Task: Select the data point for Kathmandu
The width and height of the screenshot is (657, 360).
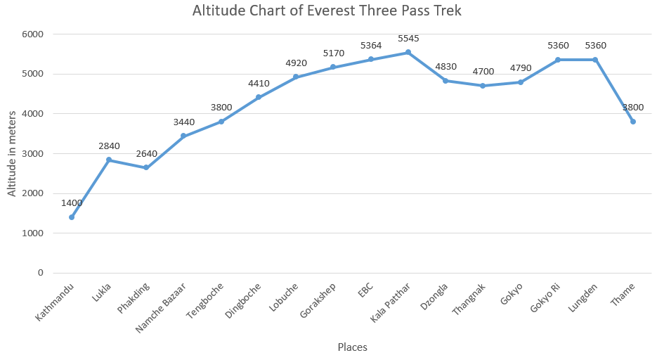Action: coord(72,217)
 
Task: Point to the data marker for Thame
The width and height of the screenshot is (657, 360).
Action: coord(633,122)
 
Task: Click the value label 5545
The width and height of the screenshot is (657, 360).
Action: coord(408,37)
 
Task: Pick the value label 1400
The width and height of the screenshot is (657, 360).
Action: coord(72,203)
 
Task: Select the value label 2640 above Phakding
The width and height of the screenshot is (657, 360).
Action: coord(146,153)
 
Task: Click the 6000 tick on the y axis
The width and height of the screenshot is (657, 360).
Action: coord(32,34)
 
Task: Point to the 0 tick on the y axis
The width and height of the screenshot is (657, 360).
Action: coord(40,273)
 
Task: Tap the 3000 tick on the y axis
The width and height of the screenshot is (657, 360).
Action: coord(32,153)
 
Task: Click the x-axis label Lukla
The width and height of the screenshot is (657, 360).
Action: coord(102,293)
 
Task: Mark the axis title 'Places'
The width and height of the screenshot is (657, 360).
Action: coord(352,347)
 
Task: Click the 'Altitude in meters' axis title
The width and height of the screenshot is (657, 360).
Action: coord(12,153)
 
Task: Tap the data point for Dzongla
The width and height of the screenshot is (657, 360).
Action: coord(445,81)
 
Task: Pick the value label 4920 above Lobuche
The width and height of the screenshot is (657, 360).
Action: coord(297,63)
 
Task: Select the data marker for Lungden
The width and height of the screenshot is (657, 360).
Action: coord(595,60)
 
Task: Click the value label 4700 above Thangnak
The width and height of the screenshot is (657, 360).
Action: coord(483,71)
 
